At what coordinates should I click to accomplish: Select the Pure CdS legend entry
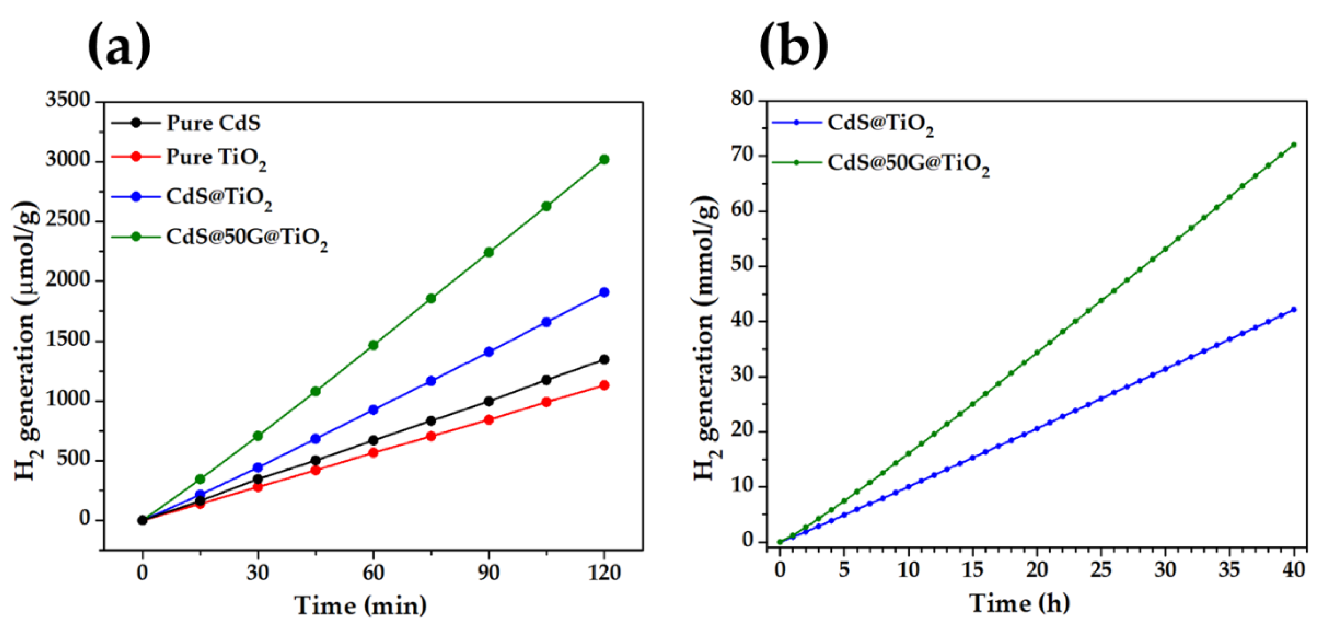[213, 123]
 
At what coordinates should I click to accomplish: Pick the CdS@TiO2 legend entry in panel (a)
[218, 198]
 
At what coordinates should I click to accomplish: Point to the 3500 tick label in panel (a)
[68, 100]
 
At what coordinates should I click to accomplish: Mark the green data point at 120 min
[604, 159]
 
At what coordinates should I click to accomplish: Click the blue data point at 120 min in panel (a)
[604, 292]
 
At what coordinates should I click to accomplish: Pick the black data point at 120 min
[604, 360]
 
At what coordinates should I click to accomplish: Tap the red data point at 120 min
[604, 385]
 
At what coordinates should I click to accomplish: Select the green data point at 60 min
[373, 345]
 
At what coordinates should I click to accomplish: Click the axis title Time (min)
[360, 606]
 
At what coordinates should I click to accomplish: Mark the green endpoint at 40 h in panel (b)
[1294, 145]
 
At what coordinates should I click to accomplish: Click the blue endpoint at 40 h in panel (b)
[1294, 309]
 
